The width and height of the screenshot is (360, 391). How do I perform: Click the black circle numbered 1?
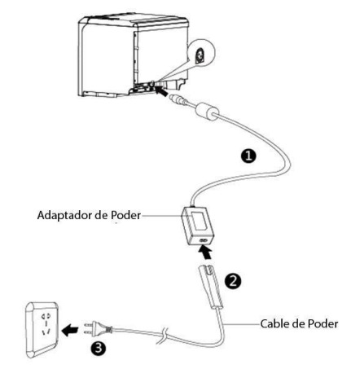pos(248,156)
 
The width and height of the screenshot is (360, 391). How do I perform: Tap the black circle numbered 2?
pos(233,281)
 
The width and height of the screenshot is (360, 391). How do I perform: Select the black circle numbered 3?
pos(99,347)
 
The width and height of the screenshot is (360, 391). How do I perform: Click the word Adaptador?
pos(64,215)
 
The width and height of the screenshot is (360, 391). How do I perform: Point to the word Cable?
pos(274,323)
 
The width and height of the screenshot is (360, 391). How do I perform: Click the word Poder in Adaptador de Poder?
pos(126,215)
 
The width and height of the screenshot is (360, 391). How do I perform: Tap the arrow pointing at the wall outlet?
pos(70,331)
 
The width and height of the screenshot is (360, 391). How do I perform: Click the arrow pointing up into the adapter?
pos(205,253)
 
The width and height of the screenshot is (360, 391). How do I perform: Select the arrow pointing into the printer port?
pos(160,90)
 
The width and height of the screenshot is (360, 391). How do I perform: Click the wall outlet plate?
pos(42,330)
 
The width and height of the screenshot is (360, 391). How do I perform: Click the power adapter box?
pos(197,226)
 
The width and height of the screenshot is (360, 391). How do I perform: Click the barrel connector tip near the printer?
pos(178,99)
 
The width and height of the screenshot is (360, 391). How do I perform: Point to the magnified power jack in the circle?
pos(200,55)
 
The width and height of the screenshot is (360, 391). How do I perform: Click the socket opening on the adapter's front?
pos(203,240)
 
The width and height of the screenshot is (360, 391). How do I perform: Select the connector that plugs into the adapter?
pos(211,287)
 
